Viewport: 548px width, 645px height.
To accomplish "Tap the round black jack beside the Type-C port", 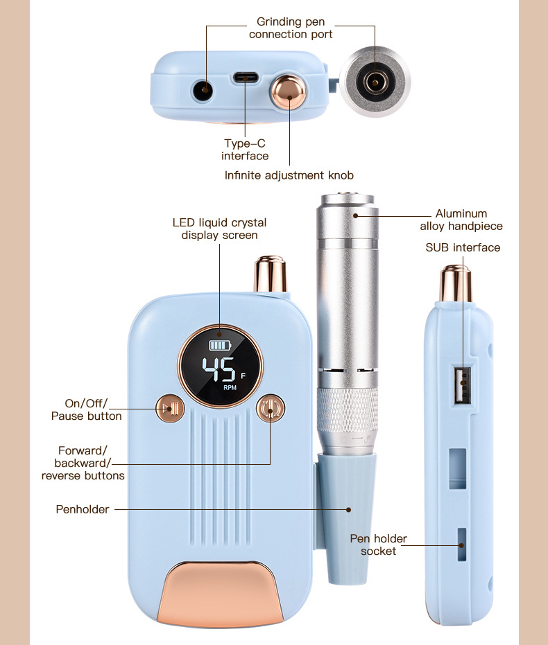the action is click(x=203, y=89).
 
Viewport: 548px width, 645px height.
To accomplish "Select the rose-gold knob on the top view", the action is click(x=286, y=92).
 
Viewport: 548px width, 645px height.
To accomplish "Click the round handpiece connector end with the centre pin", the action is click(x=375, y=82).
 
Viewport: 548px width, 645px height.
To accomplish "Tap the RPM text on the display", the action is click(x=230, y=388).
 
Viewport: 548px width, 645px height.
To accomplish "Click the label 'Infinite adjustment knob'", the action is click(x=289, y=175).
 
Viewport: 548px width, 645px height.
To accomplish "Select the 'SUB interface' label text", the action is click(x=463, y=247).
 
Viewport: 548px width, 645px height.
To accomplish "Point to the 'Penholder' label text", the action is click(x=83, y=509).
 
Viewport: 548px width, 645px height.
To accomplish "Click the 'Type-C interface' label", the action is click(x=245, y=150).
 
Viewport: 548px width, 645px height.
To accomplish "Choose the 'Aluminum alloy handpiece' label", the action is click(x=461, y=220).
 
